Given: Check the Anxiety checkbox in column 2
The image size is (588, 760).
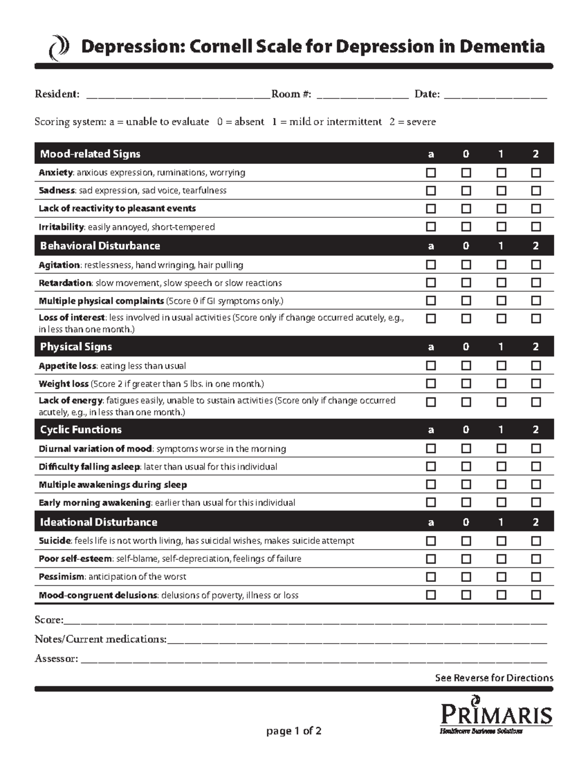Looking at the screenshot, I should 536,173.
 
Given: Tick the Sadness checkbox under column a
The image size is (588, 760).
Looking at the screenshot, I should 431,190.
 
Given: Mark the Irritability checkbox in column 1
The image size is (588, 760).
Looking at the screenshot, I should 501,227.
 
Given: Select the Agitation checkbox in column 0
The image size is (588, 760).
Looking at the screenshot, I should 466,265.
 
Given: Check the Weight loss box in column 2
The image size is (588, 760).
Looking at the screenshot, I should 536,384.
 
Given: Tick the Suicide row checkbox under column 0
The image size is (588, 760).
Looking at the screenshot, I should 466,541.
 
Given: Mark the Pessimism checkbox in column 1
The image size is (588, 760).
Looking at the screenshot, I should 501,577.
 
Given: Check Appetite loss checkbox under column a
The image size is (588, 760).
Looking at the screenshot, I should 431,366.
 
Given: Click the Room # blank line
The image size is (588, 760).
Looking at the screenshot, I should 363,94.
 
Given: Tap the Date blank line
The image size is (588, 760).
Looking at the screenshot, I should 495,94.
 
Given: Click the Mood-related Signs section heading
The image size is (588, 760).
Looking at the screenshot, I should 90,154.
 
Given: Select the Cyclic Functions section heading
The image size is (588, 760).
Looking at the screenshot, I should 81,430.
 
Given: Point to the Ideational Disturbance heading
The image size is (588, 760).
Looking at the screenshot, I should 98,522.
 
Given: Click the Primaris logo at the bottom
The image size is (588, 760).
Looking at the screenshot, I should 496,715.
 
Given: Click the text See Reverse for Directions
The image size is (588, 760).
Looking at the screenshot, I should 494,678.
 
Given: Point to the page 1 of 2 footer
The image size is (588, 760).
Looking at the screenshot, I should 294,731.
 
